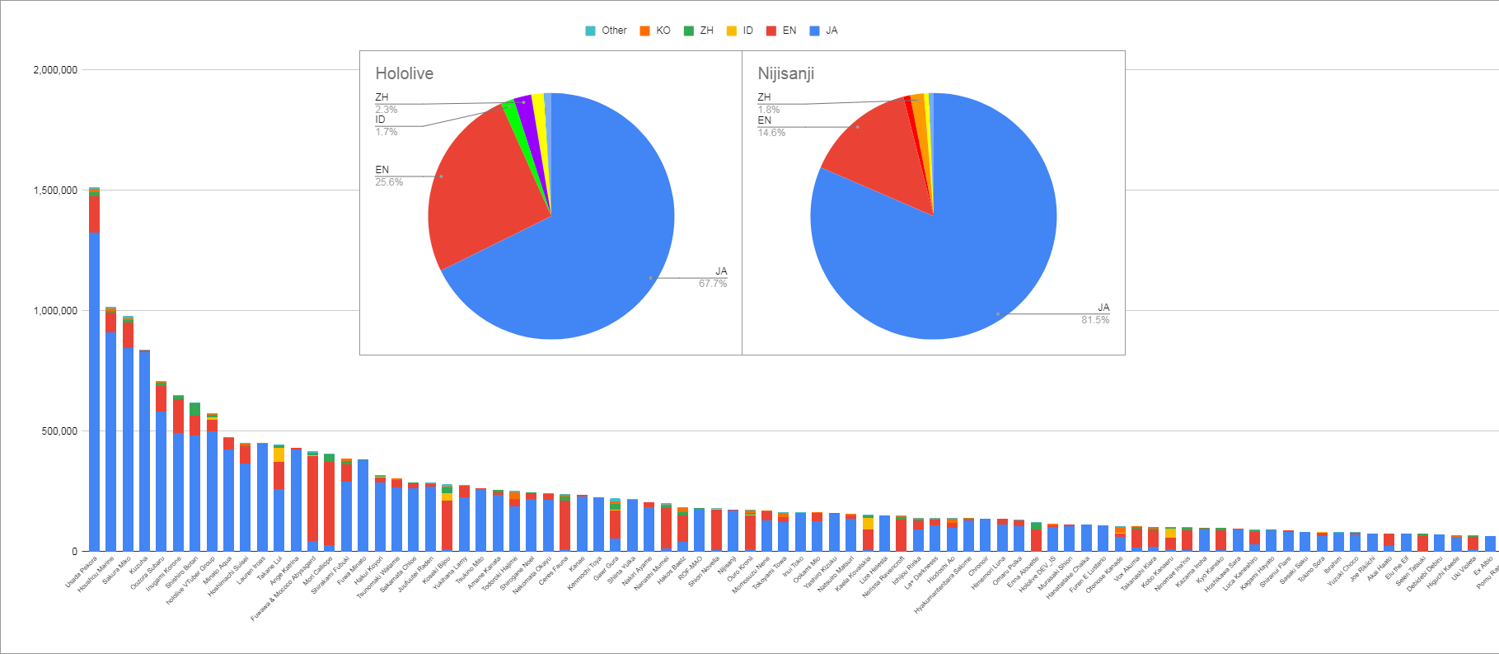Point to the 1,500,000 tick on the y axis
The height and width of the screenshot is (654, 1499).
[55, 191]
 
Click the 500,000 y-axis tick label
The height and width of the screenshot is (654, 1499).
[59, 431]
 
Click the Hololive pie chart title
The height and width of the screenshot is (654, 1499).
[404, 73]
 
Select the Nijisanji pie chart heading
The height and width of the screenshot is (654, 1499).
[785, 73]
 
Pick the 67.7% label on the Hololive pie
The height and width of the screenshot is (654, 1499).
[713, 284]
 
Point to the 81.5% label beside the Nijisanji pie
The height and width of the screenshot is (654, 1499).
[1095, 320]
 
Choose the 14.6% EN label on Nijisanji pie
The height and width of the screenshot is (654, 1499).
[771, 133]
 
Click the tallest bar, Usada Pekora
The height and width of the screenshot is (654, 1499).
[94, 371]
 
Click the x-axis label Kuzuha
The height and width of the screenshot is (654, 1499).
[139, 565]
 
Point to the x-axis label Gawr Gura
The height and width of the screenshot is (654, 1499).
[607, 568]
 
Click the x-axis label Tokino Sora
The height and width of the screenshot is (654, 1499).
[1310, 569]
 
